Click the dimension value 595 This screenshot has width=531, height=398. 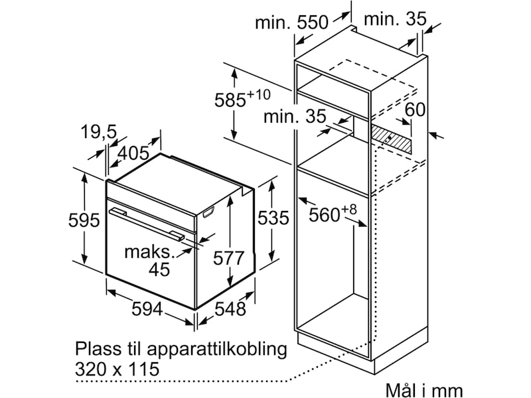coord(84,220)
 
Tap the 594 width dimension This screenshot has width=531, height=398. coord(147,308)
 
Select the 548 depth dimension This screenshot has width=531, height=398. coord(230,308)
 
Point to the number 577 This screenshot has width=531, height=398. coord(228,258)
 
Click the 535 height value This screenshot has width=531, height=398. coord(273,218)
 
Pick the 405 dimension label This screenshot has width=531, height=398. coord(133,153)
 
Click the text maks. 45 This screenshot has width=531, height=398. coord(150,261)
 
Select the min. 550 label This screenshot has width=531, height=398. coord(291,23)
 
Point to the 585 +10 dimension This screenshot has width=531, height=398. coord(242,98)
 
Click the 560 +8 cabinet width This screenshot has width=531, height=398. coord(333,213)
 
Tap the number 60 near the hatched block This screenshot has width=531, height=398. coord(415,109)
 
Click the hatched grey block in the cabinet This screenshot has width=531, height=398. coord(392,139)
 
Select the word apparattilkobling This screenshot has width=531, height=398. coord(217,350)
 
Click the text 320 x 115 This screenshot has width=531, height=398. coord(117,369)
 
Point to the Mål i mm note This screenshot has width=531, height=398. coord(424,390)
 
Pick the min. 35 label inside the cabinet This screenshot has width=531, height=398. coord(295,116)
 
